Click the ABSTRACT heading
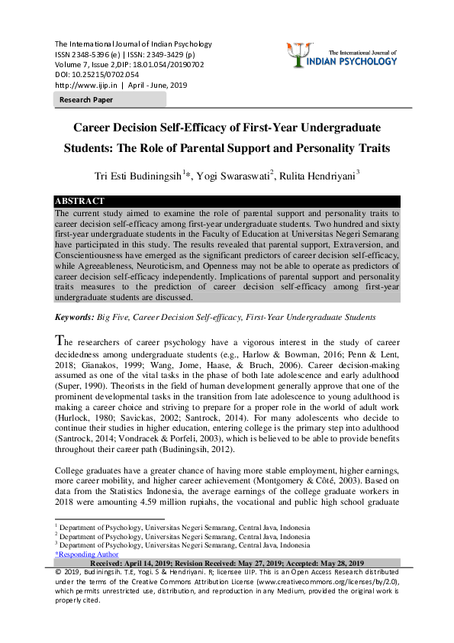[x=79, y=201]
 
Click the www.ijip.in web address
[x=83, y=86]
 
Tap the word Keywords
[x=73, y=316]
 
